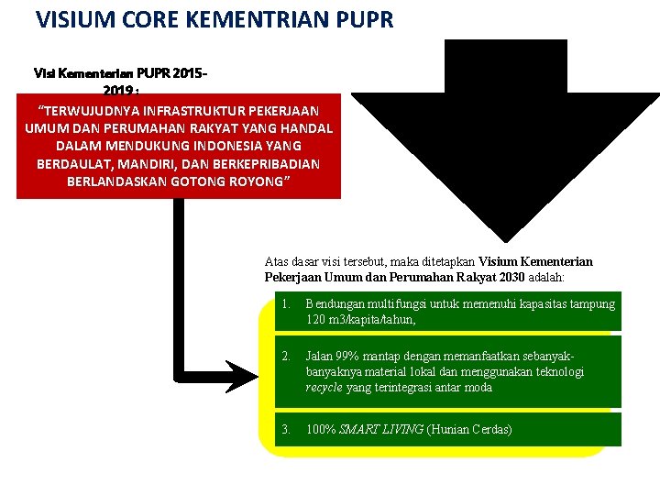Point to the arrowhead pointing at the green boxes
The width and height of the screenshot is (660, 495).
[x=242, y=376]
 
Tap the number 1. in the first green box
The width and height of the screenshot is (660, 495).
[x=286, y=303]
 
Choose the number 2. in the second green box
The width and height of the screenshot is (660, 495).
[x=286, y=355]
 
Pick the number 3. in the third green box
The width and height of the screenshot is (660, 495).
[x=286, y=429]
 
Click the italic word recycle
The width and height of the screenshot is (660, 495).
[x=324, y=387]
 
